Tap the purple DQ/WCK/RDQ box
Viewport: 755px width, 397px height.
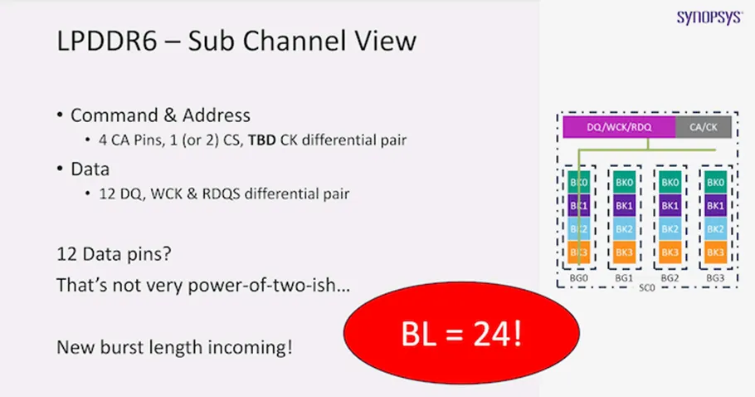click(618, 127)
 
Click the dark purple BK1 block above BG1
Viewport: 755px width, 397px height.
click(624, 205)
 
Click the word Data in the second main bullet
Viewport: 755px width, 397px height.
click(90, 169)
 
